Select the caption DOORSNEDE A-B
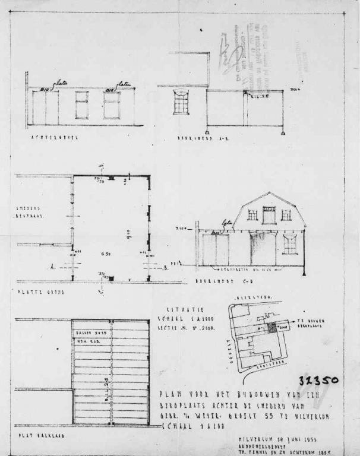[195, 138]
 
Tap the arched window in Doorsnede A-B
[181, 102]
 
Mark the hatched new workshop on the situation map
[272, 327]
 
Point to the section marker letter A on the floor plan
[69, 268]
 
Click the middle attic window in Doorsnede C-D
[269, 215]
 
